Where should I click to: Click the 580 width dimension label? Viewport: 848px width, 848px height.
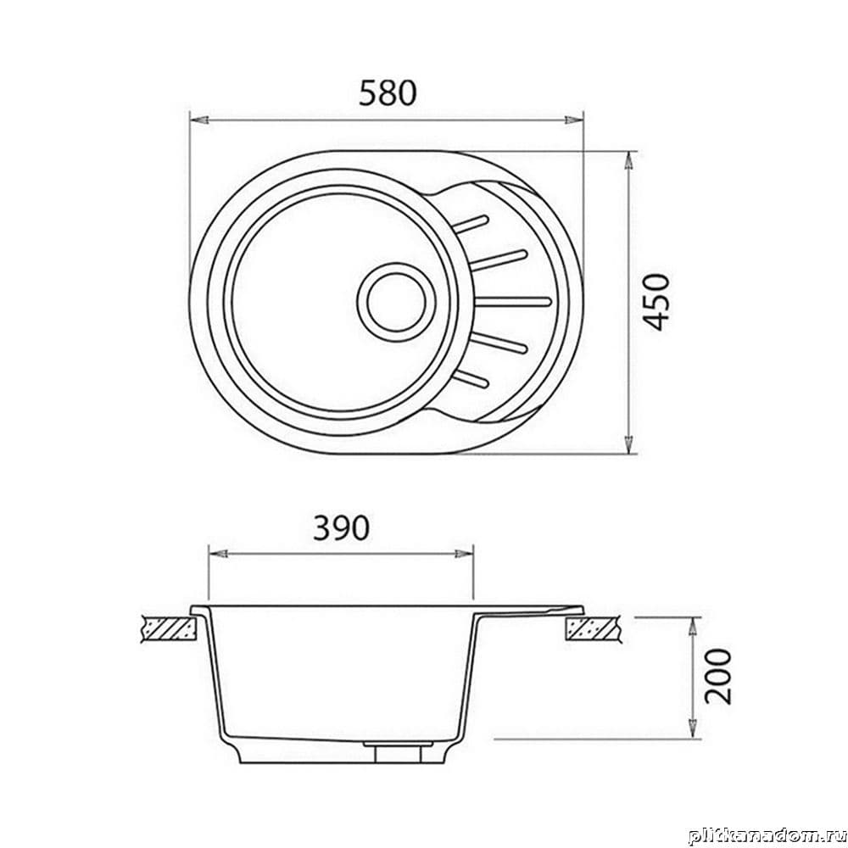[388, 93]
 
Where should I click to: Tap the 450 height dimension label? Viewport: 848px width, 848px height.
[656, 303]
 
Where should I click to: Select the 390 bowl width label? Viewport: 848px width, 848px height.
[342, 527]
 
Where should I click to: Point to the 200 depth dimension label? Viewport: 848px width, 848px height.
[717, 676]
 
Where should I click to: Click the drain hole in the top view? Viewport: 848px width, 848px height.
[396, 303]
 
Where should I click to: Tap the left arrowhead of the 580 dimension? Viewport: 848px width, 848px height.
[199, 120]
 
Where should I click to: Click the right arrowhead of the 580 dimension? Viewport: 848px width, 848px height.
[574, 120]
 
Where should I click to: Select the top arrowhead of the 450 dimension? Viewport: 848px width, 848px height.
[628, 160]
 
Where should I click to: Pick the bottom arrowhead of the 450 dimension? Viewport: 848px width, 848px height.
[628, 444]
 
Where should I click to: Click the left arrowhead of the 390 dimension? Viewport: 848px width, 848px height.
[218, 554]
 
